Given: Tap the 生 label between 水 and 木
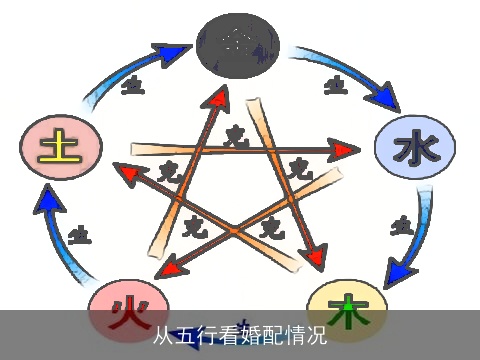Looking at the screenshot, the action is (x=402, y=225).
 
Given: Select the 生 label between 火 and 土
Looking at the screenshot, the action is (x=79, y=235).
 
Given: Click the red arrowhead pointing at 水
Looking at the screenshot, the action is (x=345, y=151).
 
